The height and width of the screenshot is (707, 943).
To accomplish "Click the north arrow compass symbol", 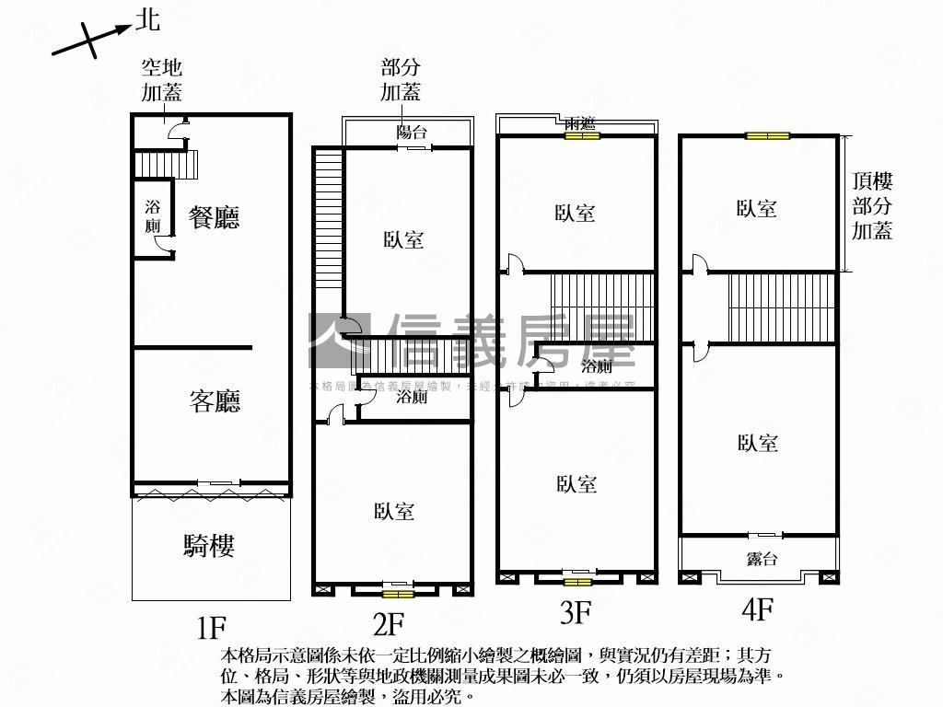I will pos(90,38).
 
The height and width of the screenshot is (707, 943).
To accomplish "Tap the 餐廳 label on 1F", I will pos(214,217).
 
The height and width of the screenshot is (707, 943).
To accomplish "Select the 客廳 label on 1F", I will pos(215,401).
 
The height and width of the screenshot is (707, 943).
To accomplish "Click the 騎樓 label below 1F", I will pos(209,546).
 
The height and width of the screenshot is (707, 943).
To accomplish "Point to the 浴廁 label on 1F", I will pos(153,216).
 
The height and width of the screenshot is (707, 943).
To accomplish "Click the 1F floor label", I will pos(211,628).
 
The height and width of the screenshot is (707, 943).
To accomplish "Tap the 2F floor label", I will pos(388,624).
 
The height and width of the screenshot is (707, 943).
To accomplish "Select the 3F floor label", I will pos(576,611).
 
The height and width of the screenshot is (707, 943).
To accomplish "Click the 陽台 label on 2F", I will pos(411,133).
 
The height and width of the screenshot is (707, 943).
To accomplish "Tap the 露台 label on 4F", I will pos(761,559).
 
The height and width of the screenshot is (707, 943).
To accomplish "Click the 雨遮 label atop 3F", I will pos(581,123).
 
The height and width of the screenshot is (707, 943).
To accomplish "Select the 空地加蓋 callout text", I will pos(161,80).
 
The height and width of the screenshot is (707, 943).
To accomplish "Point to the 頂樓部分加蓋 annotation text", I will pos(871,206).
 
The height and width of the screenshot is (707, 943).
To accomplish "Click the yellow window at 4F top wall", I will pos(767,136).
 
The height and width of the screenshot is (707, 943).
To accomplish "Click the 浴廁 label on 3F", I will pos(596,366).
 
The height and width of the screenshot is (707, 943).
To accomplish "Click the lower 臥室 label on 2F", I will pos(394,512).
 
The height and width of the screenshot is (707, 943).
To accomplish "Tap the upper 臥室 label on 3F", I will pos(575,214).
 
